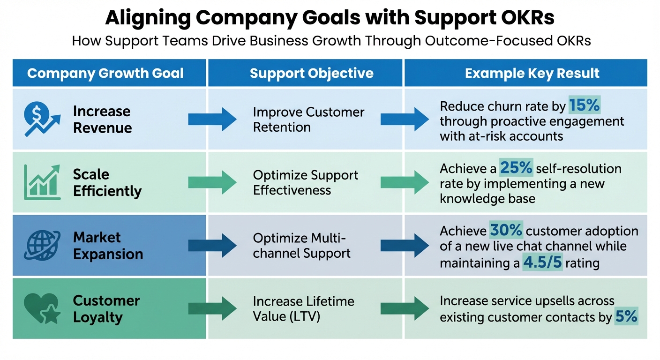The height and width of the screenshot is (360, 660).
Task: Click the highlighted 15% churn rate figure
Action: [x=584, y=106]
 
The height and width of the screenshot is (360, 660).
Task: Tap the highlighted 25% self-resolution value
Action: [x=516, y=168]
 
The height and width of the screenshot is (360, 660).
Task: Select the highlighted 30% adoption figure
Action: [x=506, y=231]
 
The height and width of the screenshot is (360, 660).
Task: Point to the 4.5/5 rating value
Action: [x=542, y=262]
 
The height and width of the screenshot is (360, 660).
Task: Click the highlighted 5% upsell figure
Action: [x=626, y=317]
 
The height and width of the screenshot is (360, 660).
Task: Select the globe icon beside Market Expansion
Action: [x=41, y=245]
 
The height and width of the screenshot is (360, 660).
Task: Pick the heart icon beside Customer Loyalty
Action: [x=41, y=308]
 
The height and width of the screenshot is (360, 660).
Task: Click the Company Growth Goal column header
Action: [x=105, y=74]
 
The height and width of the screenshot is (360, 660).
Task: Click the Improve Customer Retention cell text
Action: [x=308, y=120]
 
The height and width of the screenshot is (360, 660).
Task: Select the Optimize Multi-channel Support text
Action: [x=301, y=246]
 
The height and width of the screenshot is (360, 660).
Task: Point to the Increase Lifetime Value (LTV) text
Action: [x=303, y=308]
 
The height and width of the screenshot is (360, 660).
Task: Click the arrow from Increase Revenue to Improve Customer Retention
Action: [x=212, y=119]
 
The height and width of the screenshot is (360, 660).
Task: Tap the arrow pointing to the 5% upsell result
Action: [x=405, y=308]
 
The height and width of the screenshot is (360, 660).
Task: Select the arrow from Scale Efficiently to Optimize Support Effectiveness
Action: [x=212, y=182]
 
